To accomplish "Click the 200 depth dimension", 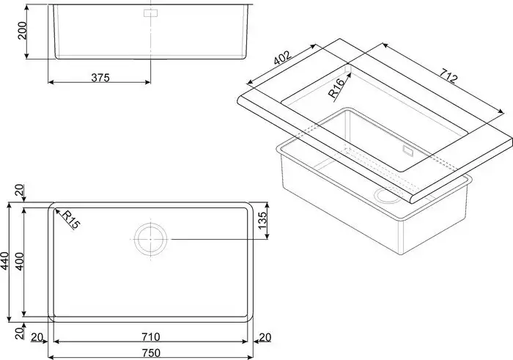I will [x=23, y=31].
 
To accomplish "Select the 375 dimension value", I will [x=100, y=78].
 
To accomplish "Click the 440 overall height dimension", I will [x=6, y=262].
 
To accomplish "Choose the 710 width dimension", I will [x=152, y=337].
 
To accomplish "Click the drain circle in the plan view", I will [x=151, y=238].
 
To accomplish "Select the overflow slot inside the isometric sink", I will [x=408, y=149].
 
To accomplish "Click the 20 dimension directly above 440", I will [x=20, y=192].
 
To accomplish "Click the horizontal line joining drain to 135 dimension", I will [x=213, y=238].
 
